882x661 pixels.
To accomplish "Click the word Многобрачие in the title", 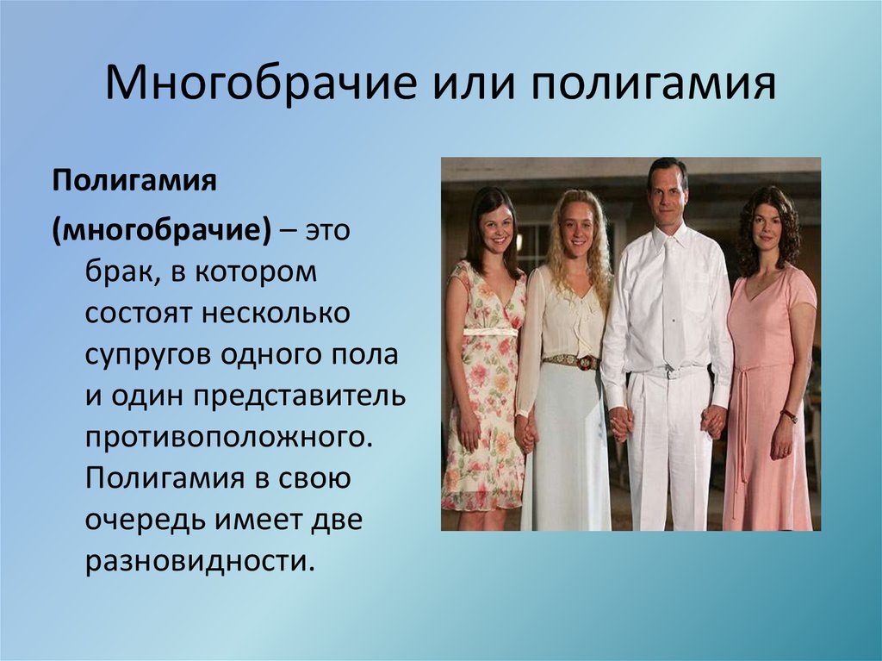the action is coord(261,84).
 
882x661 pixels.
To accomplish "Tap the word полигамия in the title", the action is coord(654,84).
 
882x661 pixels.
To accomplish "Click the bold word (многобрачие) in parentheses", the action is coord(162,230).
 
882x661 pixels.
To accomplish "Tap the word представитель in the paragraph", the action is coord(300,396).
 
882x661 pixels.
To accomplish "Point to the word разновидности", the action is coord(199,561).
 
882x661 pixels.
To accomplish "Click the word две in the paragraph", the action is coord(337,520).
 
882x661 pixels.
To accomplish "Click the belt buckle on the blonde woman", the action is coord(587,363).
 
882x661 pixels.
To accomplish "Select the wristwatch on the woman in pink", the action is coord(789,415).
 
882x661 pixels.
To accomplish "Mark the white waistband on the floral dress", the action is coord(490,332).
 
